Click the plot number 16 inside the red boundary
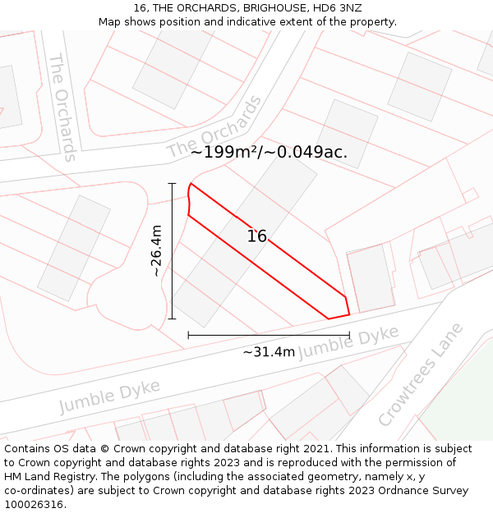pos(257,236)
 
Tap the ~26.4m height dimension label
pos(156,250)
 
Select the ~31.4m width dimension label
pos(269,352)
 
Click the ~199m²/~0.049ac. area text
pos(269,152)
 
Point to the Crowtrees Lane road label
pos(421,375)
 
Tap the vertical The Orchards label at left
pos(63,108)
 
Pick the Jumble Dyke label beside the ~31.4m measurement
pos(348,341)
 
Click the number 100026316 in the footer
pos(34,505)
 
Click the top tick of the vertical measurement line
pos(173,183)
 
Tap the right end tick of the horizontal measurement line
pos(349,335)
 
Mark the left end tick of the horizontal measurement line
pos(188,335)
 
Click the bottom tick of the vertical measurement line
pos(173,318)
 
